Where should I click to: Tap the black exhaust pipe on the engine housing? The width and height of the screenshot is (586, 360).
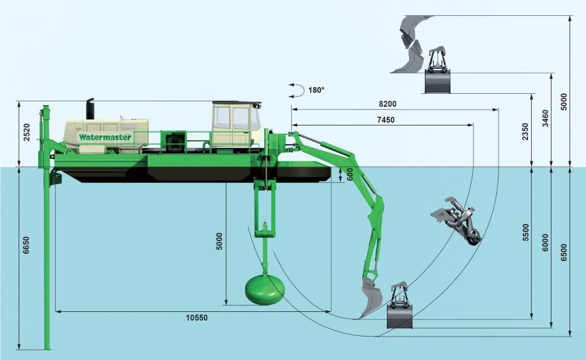click(x=90, y=109)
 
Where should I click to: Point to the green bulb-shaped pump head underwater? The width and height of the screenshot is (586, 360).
click(x=264, y=289)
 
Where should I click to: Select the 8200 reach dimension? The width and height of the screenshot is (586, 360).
click(x=387, y=104)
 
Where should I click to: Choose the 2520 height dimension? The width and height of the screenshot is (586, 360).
click(x=25, y=134)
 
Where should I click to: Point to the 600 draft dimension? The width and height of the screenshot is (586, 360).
click(x=350, y=175)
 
